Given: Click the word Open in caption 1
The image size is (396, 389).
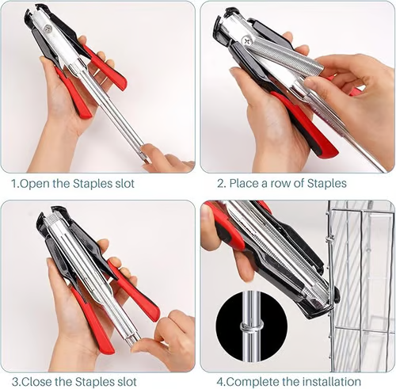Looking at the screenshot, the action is tap(35, 184).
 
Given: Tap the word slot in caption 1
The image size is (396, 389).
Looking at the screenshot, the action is tap(124, 184).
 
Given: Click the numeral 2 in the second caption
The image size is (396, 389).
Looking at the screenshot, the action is tap(219, 183).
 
